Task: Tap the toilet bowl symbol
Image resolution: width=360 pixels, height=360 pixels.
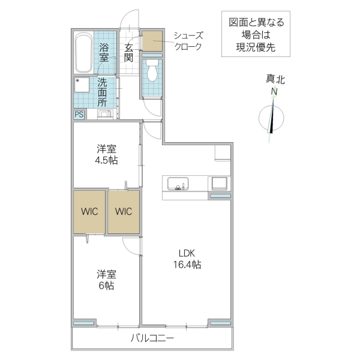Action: point(152,73)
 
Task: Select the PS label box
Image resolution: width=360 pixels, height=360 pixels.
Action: point(79,115)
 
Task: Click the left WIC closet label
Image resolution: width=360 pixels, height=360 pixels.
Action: point(90,212)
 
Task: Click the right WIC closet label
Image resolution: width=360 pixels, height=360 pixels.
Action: point(124,212)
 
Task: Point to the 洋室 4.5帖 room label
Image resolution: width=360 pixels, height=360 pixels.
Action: point(106,154)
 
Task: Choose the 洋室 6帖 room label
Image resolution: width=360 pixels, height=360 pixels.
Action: point(106,280)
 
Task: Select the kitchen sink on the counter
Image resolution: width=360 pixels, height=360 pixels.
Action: point(178,184)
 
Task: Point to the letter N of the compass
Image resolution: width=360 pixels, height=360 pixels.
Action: point(274,92)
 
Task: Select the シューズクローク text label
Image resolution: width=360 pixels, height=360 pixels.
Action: point(188,41)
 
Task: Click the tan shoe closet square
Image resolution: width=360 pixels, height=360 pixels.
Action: point(152,41)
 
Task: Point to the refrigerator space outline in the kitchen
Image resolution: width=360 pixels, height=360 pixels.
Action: point(223,152)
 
